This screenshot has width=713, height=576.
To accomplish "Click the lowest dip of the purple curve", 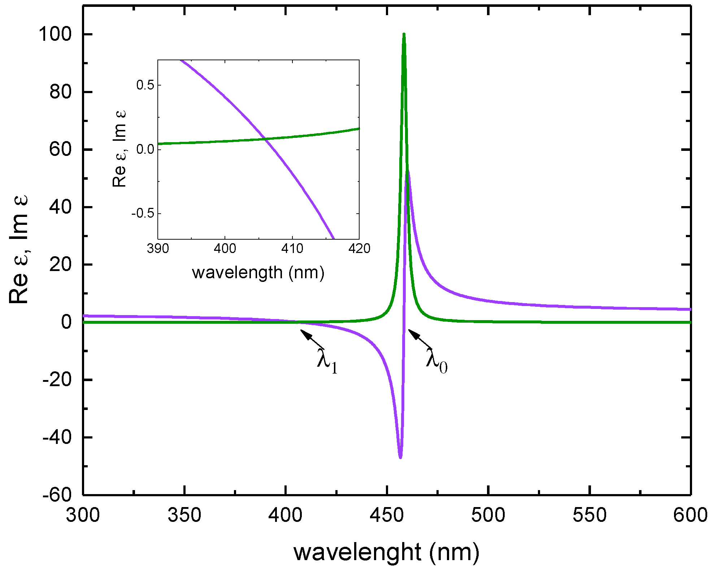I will (x=400, y=457).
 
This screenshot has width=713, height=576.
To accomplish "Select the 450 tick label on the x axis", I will (x=387, y=515).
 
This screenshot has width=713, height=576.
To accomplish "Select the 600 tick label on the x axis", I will (x=690, y=515).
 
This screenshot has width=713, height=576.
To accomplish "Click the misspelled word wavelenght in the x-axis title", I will (x=357, y=552).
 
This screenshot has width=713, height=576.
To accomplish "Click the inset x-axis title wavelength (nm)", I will (x=258, y=273).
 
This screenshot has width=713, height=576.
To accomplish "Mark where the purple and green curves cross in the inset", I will (x=265, y=139).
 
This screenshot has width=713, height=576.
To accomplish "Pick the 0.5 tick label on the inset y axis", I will (x=145, y=85).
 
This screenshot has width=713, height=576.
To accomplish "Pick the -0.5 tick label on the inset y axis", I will (x=143, y=214).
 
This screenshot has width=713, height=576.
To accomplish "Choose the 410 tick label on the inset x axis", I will (x=292, y=249).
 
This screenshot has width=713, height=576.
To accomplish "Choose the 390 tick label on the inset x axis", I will (x=158, y=249).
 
